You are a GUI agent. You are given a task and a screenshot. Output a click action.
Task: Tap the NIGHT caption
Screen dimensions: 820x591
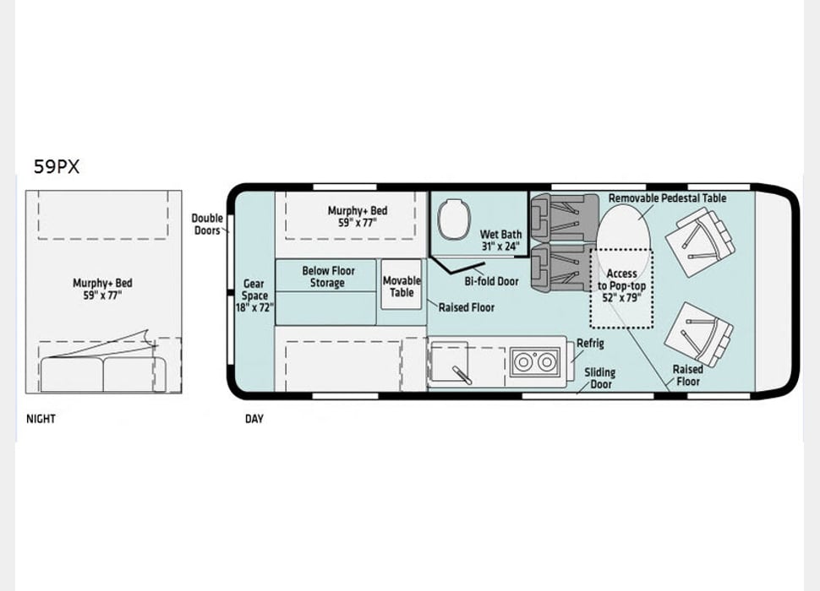point(41,419)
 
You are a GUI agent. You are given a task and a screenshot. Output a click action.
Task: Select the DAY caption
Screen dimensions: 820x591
point(254,419)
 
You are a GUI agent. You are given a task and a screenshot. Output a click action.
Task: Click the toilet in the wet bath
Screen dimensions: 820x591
point(453,220)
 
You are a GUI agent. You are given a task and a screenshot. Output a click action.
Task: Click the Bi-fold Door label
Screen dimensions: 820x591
point(492,281)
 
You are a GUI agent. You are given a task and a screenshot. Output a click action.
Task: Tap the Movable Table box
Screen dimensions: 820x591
point(401,285)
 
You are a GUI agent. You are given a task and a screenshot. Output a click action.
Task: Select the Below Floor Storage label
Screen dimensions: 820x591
point(328,277)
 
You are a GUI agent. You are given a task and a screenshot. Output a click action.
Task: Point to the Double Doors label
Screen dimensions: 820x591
point(207,224)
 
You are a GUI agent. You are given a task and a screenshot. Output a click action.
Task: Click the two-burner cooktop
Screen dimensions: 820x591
point(534,361)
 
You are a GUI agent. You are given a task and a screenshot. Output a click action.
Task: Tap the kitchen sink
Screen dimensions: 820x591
point(450,362)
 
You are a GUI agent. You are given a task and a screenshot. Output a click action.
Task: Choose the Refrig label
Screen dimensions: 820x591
point(590,344)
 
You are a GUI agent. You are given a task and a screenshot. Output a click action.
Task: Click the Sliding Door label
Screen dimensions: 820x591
point(600,378)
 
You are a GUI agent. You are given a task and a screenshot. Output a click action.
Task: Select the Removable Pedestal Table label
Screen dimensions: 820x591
point(667,198)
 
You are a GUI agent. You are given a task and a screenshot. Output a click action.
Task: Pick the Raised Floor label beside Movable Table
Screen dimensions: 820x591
point(467,307)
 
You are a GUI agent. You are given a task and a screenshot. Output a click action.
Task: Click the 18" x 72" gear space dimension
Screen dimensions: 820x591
point(254,307)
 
